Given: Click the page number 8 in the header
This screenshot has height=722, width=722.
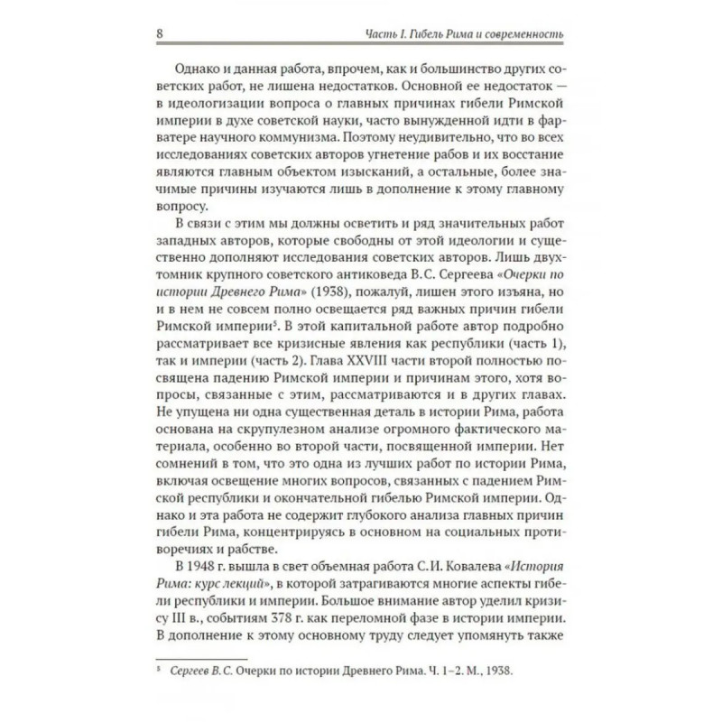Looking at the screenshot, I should point(161,34).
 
